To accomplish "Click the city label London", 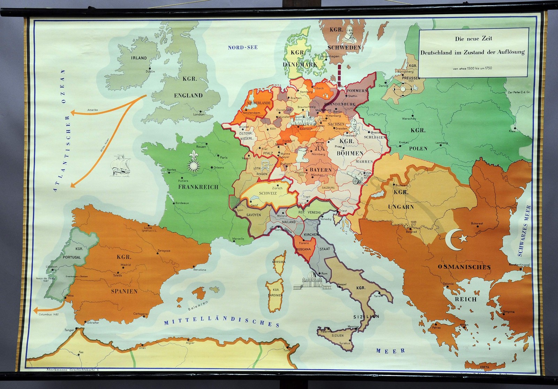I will click(x=199, y=114).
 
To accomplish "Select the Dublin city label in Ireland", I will click(x=150, y=71).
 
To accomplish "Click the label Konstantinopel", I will click(x=520, y=265).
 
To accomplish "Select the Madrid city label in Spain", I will click(x=126, y=265).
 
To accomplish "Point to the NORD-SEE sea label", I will click(x=243, y=47).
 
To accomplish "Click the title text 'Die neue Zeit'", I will click(x=473, y=39).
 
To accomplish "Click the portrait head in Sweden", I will click(x=348, y=34).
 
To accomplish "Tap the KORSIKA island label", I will click(x=280, y=262).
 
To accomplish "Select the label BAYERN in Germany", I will click(x=319, y=170).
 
